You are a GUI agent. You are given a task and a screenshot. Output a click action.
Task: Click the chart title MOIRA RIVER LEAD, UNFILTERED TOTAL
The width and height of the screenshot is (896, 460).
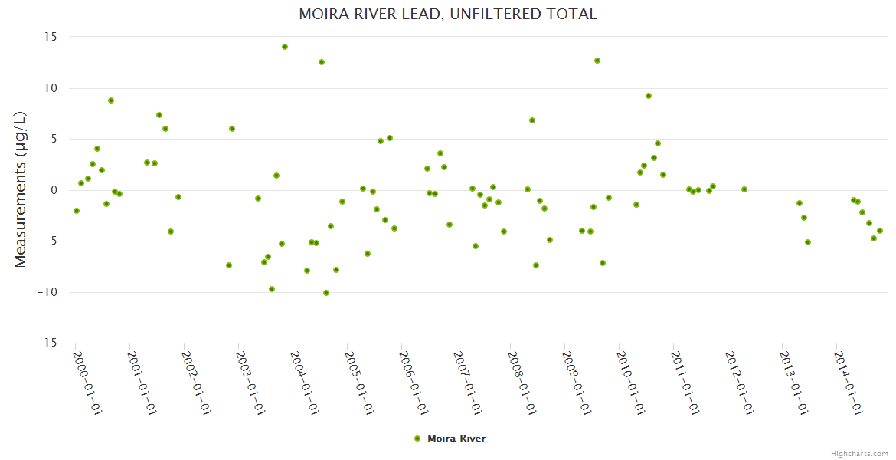pyautogui.click(x=447, y=15)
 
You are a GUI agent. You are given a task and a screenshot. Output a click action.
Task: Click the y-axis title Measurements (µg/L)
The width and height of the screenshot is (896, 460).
pyautogui.click(x=21, y=189)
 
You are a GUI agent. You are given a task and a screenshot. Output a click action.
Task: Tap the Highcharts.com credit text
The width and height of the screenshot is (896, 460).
pyautogui.click(x=859, y=453)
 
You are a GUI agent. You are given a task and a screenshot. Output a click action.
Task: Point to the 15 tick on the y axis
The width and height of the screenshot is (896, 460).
pyautogui.click(x=51, y=37)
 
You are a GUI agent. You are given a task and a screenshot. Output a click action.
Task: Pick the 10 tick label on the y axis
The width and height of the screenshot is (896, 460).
pyautogui.click(x=51, y=88)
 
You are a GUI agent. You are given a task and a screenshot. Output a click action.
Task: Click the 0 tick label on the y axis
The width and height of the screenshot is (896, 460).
pyautogui.click(x=54, y=190)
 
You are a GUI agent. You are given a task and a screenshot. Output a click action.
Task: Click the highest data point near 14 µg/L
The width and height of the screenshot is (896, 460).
pyautogui.click(x=285, y=47)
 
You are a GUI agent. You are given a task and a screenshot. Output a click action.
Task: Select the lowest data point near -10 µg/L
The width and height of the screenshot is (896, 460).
pyautogui.click(x=326, y=293)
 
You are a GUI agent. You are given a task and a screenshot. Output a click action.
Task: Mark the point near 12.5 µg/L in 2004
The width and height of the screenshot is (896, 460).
pyautogui.click(x=322, y=62)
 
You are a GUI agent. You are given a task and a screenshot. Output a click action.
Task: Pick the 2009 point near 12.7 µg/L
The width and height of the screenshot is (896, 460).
pyautogui.click(x=597, y=61)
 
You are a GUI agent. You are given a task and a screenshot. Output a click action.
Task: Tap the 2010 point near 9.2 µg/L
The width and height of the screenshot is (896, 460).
pyautogui.click(x=649, y=96)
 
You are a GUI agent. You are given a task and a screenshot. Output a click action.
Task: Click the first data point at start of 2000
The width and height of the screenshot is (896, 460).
pyautogui.click(x=77, y=211)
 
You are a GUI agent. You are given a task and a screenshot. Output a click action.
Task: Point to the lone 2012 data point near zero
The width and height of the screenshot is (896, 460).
pyautogui.click(x=744, y=189)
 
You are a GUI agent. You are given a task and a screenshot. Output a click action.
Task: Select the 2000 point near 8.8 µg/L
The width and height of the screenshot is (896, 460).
pyautogui.click(x=111, y=100)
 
